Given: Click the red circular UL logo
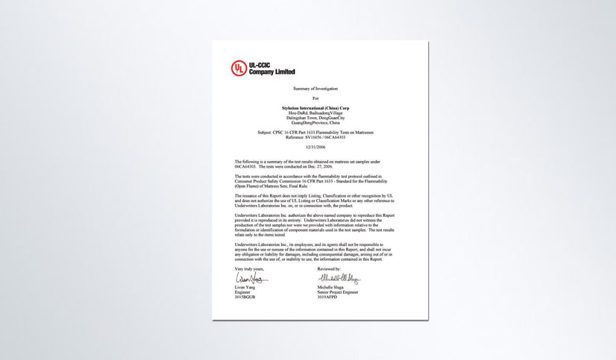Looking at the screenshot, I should tap(239, 69).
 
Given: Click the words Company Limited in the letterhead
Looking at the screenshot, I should tap(272, 72).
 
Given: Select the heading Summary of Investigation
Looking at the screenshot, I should tap(315, 89).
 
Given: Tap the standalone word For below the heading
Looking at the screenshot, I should tap(315, 98).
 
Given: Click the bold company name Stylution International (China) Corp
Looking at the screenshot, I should tap(315, 107).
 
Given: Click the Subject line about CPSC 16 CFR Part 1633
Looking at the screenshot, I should tap(315, 132).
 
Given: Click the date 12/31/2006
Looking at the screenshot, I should tap(315, 147).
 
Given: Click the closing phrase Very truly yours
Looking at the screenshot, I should tap(249, 268).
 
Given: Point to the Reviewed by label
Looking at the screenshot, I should tap(329, 268).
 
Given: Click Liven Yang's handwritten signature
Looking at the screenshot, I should tap(251, 279).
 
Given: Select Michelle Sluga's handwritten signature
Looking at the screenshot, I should tap(339, 279).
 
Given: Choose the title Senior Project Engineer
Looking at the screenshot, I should tap(338, 293).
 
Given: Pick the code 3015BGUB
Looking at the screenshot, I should tap(245, 297).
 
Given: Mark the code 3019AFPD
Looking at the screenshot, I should tap(327, 297).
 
